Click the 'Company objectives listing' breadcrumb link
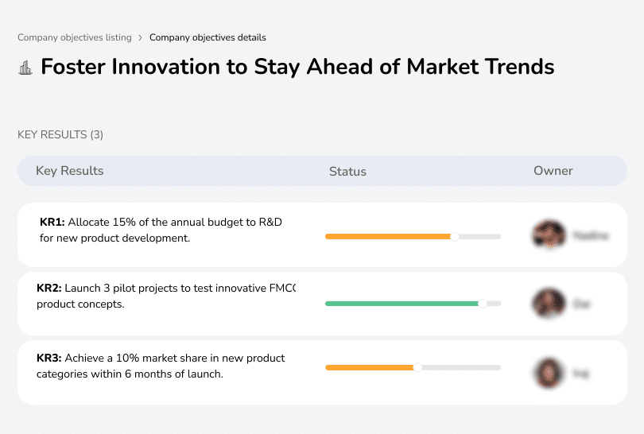coord(75,37)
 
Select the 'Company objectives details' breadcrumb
coord(208,37)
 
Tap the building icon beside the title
coord(25,68)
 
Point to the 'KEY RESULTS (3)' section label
coord(60,134)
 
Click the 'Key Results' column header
coord(70,171)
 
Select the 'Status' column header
coord(347,171)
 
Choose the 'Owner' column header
coord(553,171)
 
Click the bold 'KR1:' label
coord(52,222)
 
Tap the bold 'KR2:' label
coord(49,289)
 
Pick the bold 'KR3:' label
coord(49,358)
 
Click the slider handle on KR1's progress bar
coord(455,236)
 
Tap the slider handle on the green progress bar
coord(482,304)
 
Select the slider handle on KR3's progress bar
coord(417,367)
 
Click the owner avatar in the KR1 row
coord(549,234)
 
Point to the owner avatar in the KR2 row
coord(549,303)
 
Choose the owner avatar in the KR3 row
coord(549,372)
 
